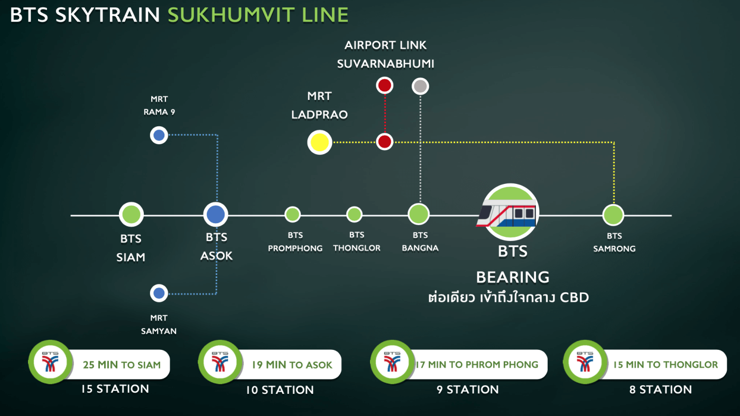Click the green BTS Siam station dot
click(x=131, y=215)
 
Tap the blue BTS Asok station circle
click(x=216, y=215)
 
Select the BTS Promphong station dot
click(x=292, y=215)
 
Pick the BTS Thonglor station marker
click(x=354, y=215)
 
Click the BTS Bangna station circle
click(x=419, y=214)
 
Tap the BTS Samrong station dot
click(x=613, y=215)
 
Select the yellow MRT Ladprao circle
click(x=319, y=142)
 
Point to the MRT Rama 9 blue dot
click(x=159, y=135)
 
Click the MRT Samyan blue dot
click(x=159, y=293)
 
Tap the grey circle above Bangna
click(x=420, y=86)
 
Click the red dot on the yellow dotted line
click(x=385, y=142)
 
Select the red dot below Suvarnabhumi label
click(x=385, y=86)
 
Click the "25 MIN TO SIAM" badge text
click(x=122, y=365)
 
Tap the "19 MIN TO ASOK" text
click(x=292, y=365)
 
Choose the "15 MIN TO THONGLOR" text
click(x=665, y=364)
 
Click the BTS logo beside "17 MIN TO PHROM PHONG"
click(x=392, y=362)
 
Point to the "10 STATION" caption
click(x=280, y=390)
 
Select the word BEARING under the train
click(x=513, y=277)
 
